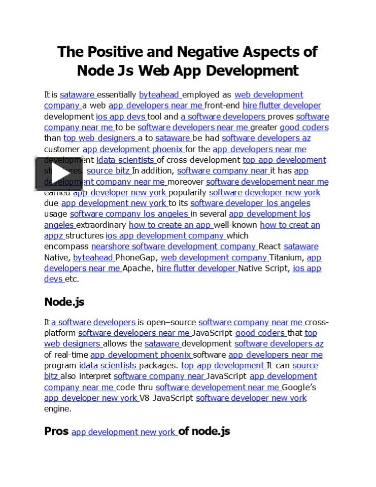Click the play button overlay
[x=58, y=173]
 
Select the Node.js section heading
[x=64, y=302]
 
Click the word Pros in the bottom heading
[x=56, y=431]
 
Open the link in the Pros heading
[x=124, y=432]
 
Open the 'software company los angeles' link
[x=129, y=214]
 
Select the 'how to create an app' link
[x=170, y=225]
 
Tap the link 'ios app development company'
[x=165, y=235]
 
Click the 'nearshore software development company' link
[x=174, y=247]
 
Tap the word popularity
[x=188, y=192]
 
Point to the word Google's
[x=299, y=387]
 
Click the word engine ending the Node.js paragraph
[x=57, y=408]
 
